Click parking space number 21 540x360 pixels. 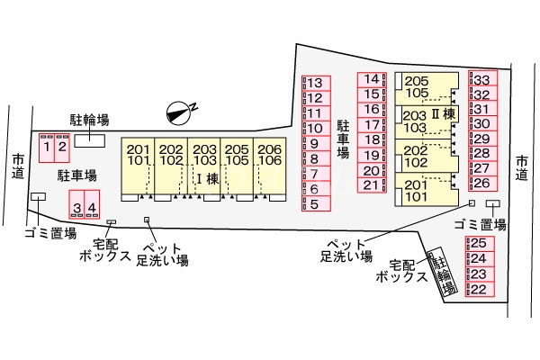point(373,185)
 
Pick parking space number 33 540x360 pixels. point(481,80)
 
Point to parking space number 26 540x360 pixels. point(481,183)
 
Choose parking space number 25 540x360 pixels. point(478,243)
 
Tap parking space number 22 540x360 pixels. point(478,289)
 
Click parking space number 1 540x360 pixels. point(46,146)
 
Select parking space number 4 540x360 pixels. point(91,208)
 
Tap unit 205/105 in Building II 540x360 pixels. point(416,86)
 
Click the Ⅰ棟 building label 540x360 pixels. point(208,179)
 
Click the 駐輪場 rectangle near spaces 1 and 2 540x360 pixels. point(89,139)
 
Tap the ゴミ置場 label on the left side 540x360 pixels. point(44,232)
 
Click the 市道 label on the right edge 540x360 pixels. point(523,168)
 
